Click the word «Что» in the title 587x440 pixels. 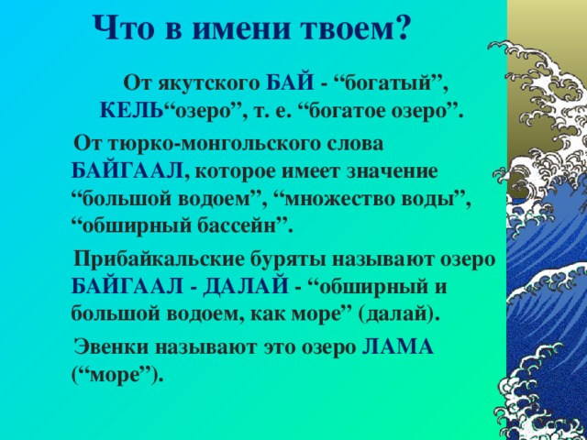click(122, 28)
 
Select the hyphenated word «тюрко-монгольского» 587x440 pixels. click(229, 144)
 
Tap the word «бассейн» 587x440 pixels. click(249, 224)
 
